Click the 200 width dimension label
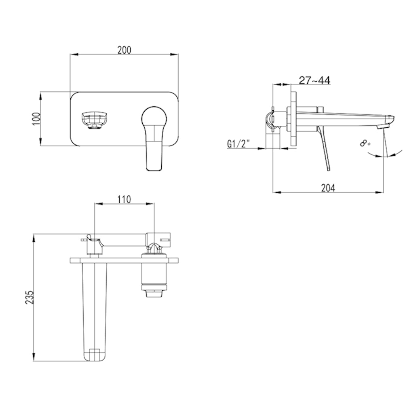pos(124,50)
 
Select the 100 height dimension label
pos(36,119)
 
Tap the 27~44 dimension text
pos(314,80)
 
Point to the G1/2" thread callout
pos(238,144)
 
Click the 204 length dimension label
pos(328,188)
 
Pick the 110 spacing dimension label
pos(124,199)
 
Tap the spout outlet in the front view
pos(93,120)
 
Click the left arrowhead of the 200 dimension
pos(73,54)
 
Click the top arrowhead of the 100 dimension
pos(41,94)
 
